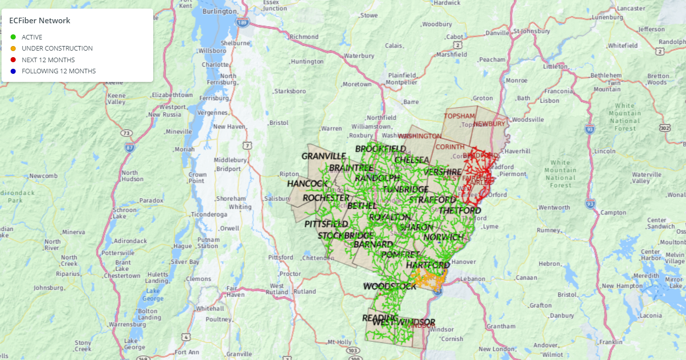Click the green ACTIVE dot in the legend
[13, 37]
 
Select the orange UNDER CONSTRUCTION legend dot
[13, 49]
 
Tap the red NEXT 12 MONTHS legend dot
[13, 60]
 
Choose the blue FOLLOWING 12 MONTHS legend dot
[13, 71]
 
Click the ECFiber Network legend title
[39, 21]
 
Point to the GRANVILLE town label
[324, 156]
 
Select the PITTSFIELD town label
[326, 223]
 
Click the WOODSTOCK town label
[390, 286]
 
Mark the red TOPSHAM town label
[459, 116]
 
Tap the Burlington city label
[219, 11]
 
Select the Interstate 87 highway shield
[130, 147]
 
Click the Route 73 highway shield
[126, 133]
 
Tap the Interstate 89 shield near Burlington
[243, 23]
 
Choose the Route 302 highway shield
[665, 128]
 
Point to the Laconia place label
[651, 316]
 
